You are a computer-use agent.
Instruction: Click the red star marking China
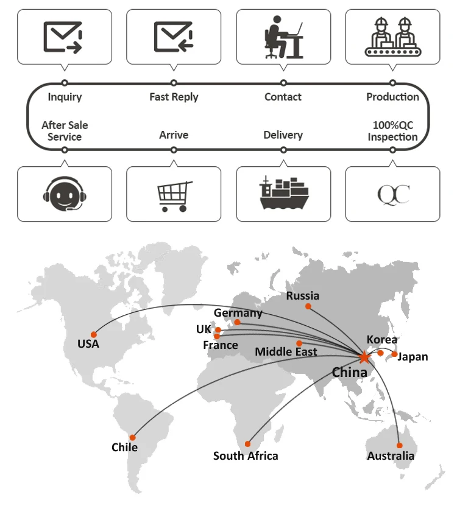tap(364, 357)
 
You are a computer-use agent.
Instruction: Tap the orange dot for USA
tap(94, 334)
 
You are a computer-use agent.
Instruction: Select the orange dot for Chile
tap(132, 437)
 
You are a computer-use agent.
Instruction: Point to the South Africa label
tap(246, 455)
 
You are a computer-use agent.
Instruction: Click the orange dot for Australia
tap(400, 445)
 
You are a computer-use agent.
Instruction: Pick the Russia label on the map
tap(303, 296)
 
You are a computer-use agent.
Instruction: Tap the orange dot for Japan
tap(395, 354)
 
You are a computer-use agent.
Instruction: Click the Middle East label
tap(286, 351)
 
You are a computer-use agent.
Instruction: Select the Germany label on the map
tap(238, 312)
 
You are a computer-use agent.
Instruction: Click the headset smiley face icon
tap(64, 194)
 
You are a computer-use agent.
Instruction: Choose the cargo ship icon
tap(283, 193)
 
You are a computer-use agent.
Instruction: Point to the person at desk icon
tap(283, 37)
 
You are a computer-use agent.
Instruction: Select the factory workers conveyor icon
tap(393, 37)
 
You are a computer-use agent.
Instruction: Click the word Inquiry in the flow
tap(65, 97)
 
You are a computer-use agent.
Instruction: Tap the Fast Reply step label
tap(174, 97)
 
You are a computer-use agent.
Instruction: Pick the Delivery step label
tap(283, 135)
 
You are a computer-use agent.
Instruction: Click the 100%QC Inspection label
tap(392, 131)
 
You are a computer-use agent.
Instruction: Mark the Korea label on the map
tap(382, 340)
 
